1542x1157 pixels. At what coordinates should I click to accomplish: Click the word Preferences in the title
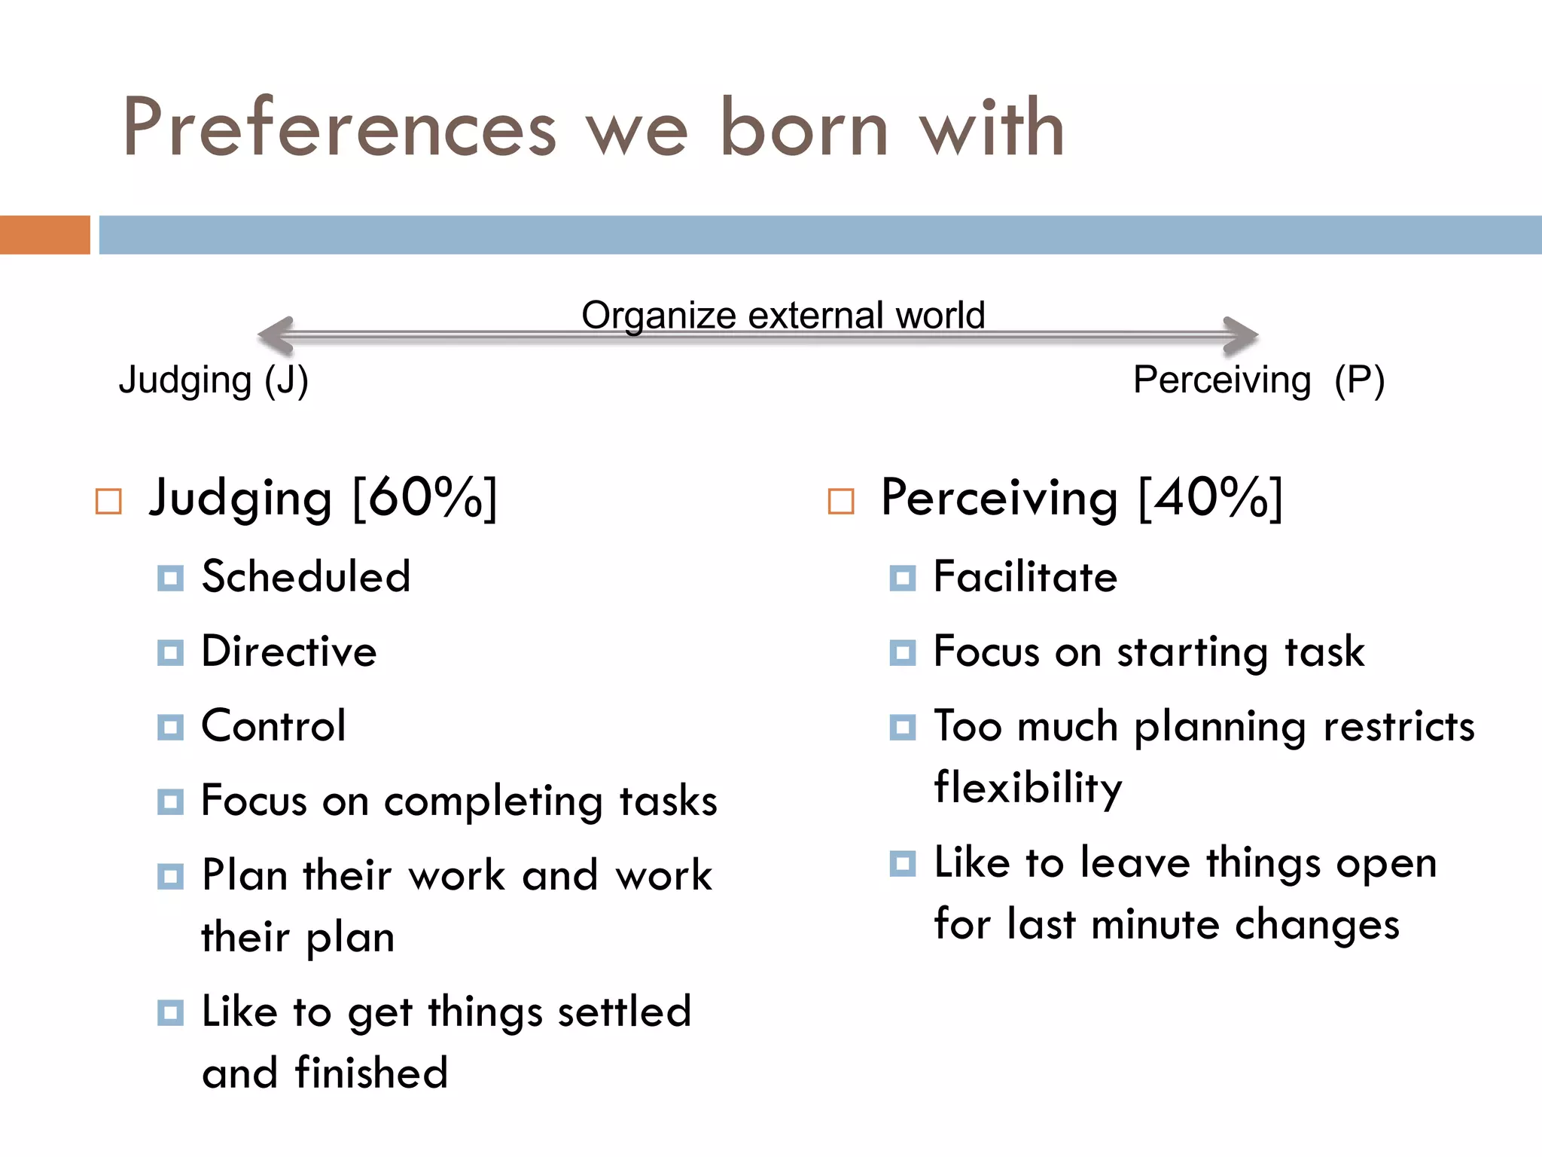[x=340, y=128]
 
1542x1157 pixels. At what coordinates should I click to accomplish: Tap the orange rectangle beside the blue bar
[x=44, y=235]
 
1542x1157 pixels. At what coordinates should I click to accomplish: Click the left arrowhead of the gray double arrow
[x=276, y=335]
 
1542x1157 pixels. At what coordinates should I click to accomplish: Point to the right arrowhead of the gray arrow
[x=1240, y=335]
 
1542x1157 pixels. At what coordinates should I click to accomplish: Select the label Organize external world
[x=783, y=315]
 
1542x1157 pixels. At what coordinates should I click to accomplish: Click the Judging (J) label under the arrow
[x=214, y=380]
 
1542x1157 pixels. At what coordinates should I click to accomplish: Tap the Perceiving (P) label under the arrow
[x=1258, y=380]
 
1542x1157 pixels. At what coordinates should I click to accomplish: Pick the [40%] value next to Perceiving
[x=1211, y=498]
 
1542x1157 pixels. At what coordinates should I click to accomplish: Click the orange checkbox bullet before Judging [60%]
[x=109, y=501]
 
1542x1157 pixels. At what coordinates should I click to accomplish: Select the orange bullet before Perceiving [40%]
[x=841, y=501]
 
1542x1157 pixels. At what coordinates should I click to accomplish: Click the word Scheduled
[x=306, y=577]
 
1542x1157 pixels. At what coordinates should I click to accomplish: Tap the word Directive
[x=289, y=652]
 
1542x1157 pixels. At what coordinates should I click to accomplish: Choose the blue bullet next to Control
[x=170, y=728]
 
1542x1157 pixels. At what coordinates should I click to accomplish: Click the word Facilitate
[x=1025, y=577]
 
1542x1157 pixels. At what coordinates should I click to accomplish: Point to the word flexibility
[x=1029, y=788]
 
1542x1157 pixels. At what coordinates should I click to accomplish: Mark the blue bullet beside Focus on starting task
[x=902, y=652]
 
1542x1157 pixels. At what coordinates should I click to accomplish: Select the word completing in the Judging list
[x=493, y=801]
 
